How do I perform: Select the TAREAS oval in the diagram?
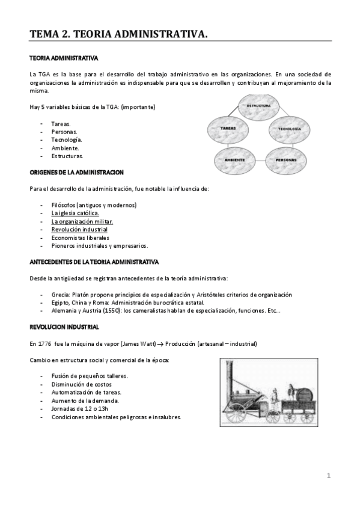[x=228, y=129]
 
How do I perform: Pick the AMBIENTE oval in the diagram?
[x=234, y=160]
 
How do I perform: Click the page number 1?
[x=329, y=476]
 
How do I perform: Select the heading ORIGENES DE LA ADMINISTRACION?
[x=76, y=173]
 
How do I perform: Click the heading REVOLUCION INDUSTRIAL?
[x=64, y=327]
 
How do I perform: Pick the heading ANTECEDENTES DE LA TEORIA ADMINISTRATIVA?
[x=94, y=262]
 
